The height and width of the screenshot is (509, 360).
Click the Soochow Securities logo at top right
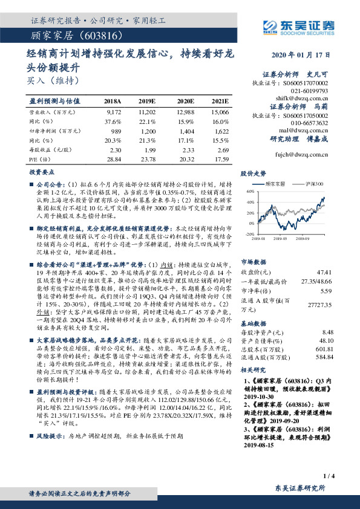[299, 25]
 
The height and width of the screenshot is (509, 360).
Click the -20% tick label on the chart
[249, 233]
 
